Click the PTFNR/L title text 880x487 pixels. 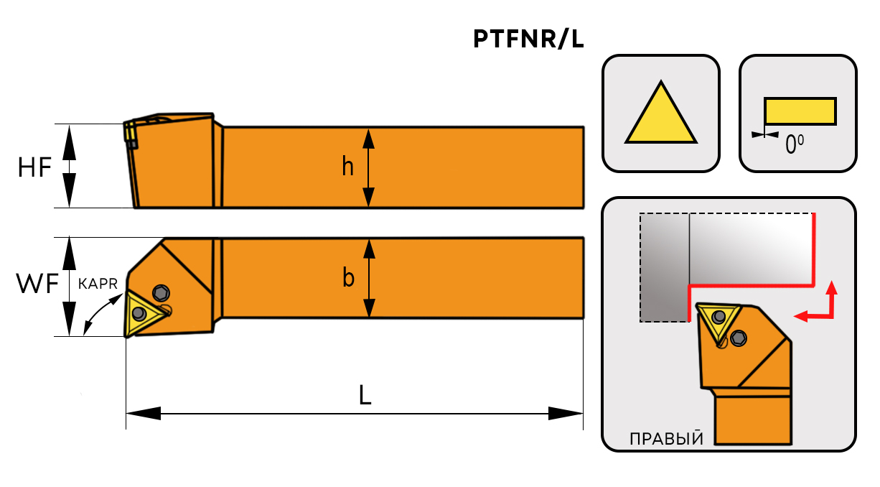point(528,40)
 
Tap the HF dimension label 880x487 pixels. point(34,167)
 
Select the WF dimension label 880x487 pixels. point(37,285)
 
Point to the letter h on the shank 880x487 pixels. point(347,167)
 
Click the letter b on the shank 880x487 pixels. point(348,278)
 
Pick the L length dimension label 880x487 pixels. point(365,396)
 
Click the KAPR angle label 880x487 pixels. point(98,284)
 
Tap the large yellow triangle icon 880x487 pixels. point(661,115)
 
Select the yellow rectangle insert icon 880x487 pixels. point(800,111)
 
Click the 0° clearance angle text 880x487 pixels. point(794,146)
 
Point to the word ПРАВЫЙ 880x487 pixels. point(665,439)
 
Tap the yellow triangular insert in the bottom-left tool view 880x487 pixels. point(138,313)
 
